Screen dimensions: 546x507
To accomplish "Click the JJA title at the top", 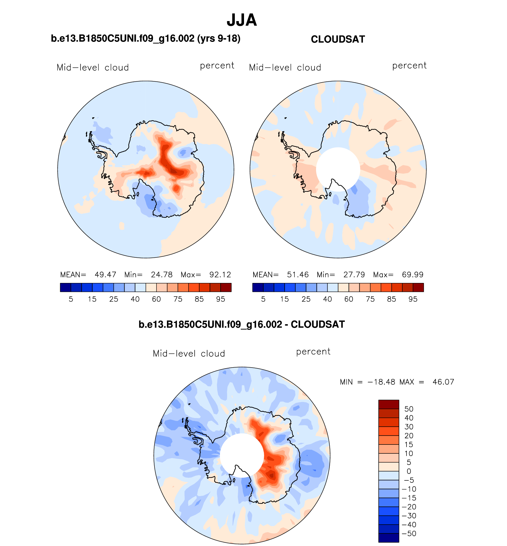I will point(242,20).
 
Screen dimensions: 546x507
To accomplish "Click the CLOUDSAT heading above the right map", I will point(338,39).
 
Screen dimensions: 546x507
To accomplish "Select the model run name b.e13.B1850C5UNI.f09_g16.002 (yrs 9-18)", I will point(146,38).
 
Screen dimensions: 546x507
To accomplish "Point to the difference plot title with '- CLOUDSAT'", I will point(242,324).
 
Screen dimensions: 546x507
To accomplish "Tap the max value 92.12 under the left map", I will point(220,275).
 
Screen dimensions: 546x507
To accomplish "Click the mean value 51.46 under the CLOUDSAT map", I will point(298,275).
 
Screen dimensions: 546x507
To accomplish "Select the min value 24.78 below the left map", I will point(162,275).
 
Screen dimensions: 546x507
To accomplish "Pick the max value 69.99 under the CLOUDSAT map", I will point(412,275).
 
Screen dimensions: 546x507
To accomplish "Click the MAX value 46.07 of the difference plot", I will point(443,382).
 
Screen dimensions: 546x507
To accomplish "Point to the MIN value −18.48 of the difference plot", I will point(381,382).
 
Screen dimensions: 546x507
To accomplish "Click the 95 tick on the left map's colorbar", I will point(221,299).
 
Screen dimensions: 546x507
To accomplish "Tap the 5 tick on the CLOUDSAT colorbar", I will point(263,299).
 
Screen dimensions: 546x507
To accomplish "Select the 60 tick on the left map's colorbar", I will point(156,299).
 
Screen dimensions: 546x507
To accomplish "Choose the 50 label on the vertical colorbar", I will point(409,409).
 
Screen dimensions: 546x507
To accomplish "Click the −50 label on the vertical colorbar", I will point(409,534).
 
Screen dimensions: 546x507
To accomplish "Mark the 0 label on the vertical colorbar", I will point(409,471).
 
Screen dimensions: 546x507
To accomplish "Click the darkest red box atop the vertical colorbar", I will point(388,404).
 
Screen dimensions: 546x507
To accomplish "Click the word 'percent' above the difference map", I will point(313,352).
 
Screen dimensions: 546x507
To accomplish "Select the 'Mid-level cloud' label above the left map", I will point(93,67).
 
